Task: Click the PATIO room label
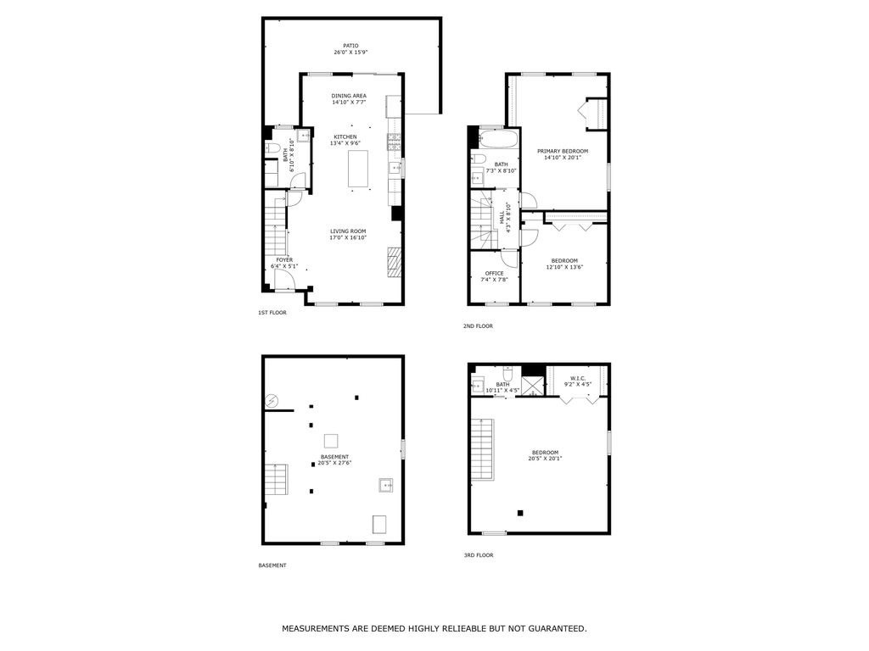click(x=350, y=46)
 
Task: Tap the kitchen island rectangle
click(x=359, y=168)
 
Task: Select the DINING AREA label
click(x=349, y=96)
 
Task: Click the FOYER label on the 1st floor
click(x=284, y=260)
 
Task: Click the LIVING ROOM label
click(x=348, y=231)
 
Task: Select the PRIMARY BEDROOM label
click(x=563, y=151)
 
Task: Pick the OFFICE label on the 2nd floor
click(x=494, y=273)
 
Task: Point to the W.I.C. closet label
click(x=578, y=378)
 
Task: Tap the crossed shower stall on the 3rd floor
click(x=532, y=387)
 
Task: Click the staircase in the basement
click(x=276, y=481)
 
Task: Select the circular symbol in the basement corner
click(x=272, y=400)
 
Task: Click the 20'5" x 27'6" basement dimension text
click(x=335, y=463)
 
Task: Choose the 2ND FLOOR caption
click(x=479, y=326)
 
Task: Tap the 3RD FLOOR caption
click(x=479, y=555)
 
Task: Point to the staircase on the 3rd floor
click(x=482, y=449)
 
